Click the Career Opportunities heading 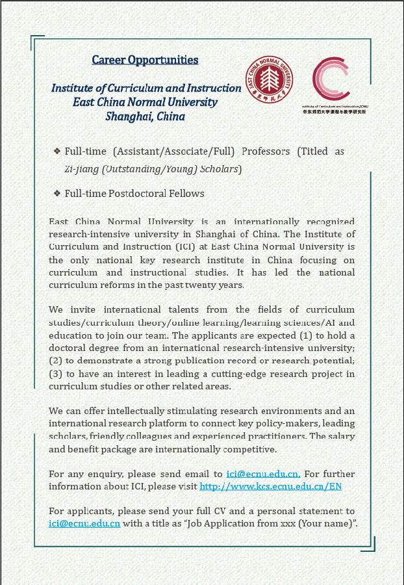(x=145, y=60)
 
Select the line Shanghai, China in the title (x=145, y=117)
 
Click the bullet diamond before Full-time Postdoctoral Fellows (x=57, y=194)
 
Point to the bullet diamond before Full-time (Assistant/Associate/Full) (x=57, y=151)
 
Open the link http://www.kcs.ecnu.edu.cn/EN (x=270, y=486)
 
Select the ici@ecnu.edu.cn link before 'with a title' (x=84, y=524)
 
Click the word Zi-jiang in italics (x=81, y=169)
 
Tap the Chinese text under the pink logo (x=334, y=112)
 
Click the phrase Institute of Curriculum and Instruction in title (x=146, y=88)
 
